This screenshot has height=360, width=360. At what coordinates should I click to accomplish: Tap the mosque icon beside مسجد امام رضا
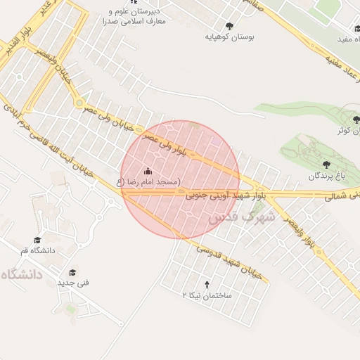pyautogui.click(x=148, y=171)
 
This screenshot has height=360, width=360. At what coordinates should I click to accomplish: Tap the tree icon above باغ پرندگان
pyautogui.click(x=325, y=164)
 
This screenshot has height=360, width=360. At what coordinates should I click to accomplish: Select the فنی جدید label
pyautogui.click(x=71, y=283)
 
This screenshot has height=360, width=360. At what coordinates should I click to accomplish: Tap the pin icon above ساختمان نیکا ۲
pyautogui.click(x=207, y=285)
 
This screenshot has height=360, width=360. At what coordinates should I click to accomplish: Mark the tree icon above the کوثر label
pyautogui.click(x=356, y=120)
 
